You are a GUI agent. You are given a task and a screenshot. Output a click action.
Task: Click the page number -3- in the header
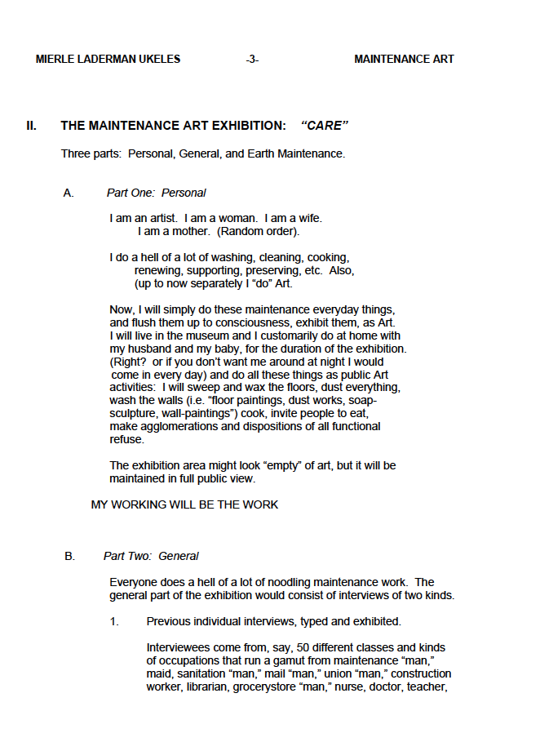click(x=252, y=59)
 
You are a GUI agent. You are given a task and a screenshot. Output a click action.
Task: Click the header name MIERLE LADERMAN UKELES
click(x=108, y=59)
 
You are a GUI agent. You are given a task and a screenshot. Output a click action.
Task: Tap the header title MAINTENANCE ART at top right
click(x=404, y=59)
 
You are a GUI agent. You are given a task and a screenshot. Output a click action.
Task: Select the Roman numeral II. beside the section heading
click(x=31, y=126)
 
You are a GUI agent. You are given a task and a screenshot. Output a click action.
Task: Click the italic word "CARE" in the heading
click(x=325, y=126)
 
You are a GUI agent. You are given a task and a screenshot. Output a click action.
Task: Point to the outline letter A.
click(x=69, y=193)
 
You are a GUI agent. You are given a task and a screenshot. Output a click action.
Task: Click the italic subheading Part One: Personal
click(x=156, y=193)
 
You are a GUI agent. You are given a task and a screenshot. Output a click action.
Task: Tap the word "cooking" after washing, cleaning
click(x=327, y=258)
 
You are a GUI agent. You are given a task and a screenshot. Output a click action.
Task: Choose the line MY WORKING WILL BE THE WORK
click(x=184, y=504)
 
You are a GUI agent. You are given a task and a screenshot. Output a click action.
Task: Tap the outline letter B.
click(x=69, y=557)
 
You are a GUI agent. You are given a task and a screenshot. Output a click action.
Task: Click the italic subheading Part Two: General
click(x=151, y=557)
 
